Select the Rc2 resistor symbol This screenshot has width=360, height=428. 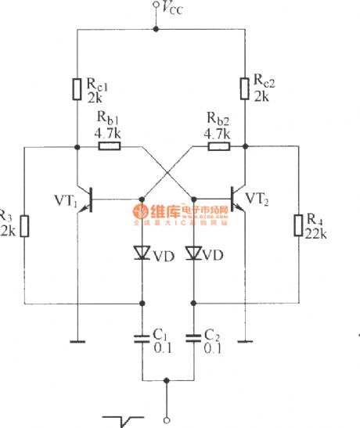coord(245,89)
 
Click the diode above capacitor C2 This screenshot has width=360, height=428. coord(193,254)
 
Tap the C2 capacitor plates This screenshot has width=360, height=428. coord(193,339)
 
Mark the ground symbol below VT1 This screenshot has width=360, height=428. coord(77,340)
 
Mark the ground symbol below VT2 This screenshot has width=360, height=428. coord(245,340)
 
